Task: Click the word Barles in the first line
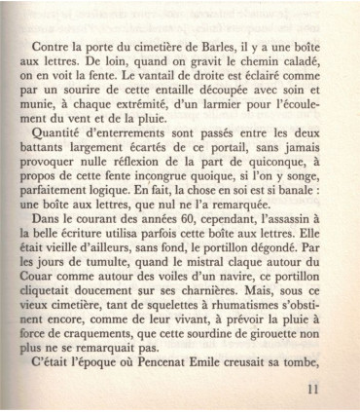pos(212,45)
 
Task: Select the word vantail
pos(140,76)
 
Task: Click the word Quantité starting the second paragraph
pos(61,139)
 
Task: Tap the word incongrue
pos(160,170)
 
